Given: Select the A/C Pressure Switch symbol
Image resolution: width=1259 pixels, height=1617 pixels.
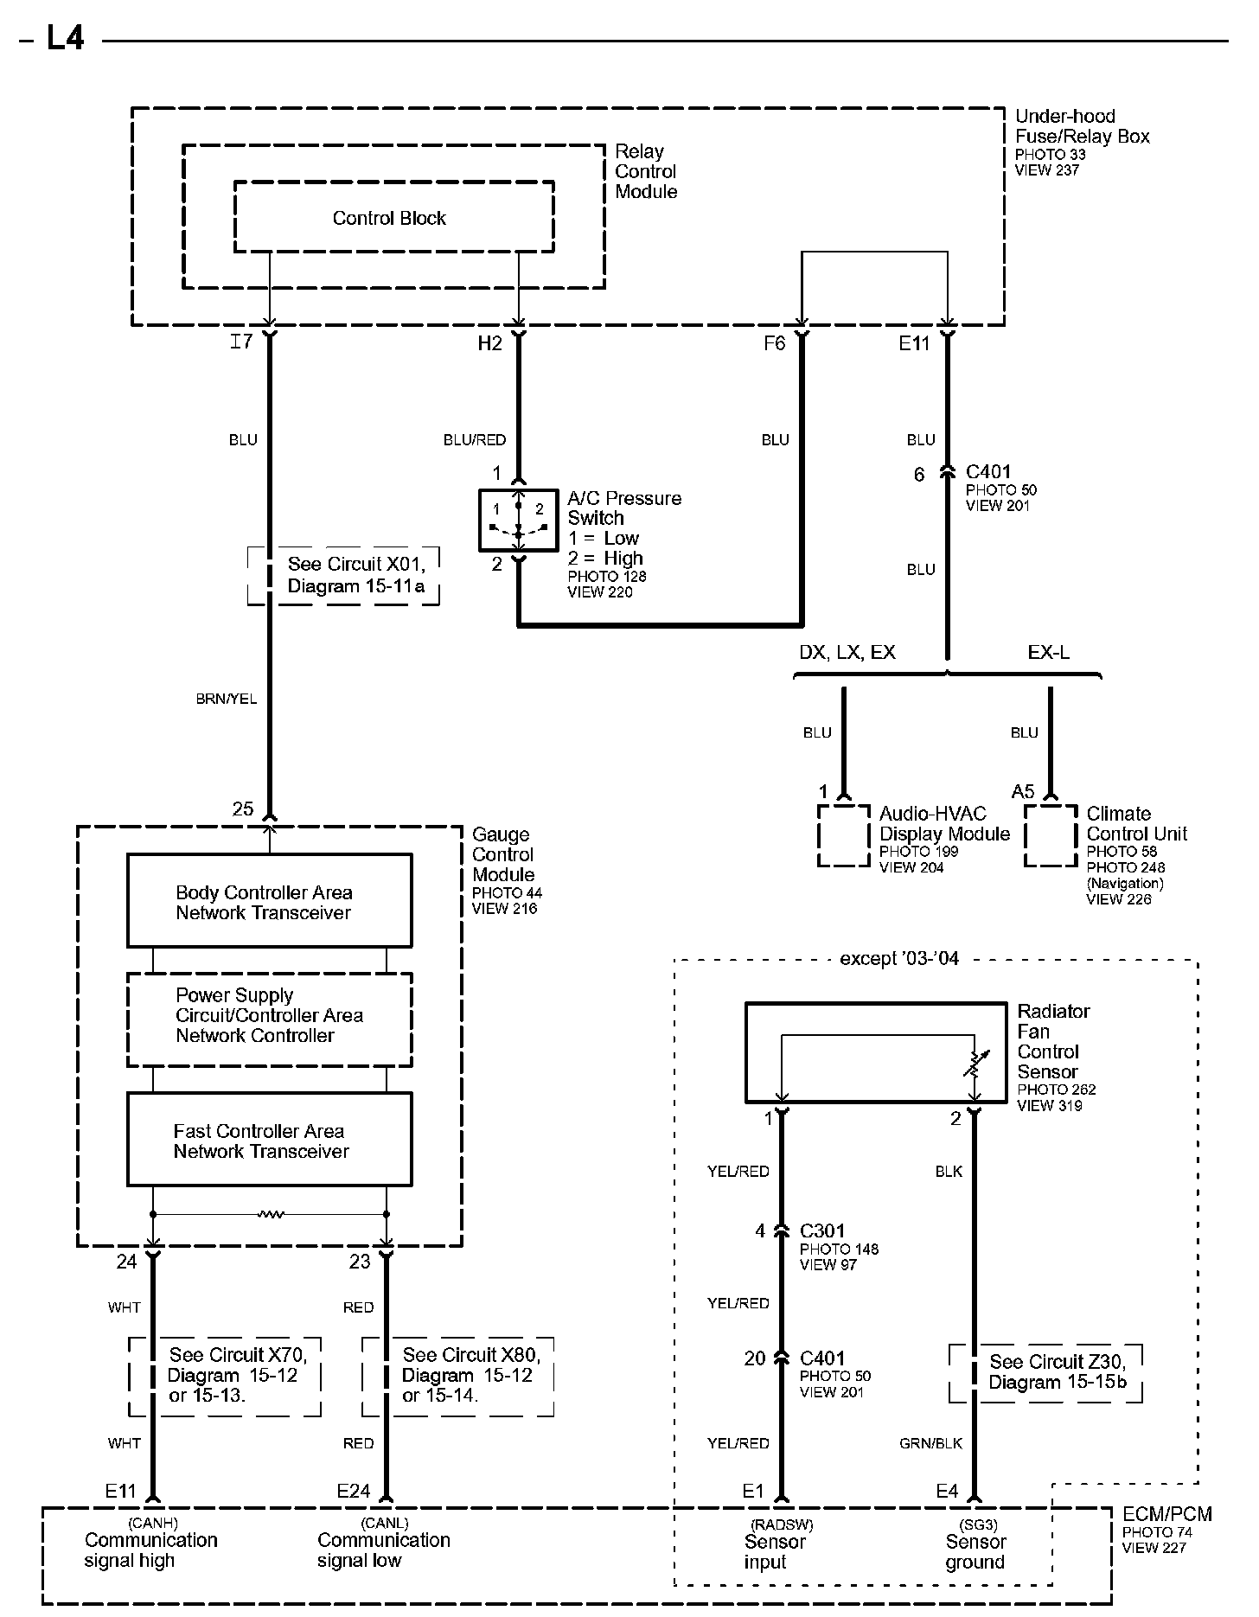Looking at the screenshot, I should [518, 520].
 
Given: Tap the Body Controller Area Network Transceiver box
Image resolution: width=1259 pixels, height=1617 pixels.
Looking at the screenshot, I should [269, 901].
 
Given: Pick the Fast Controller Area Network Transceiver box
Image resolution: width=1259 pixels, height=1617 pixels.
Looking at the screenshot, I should [269, 1140].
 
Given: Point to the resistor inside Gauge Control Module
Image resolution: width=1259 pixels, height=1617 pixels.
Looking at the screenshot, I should [271, 1215].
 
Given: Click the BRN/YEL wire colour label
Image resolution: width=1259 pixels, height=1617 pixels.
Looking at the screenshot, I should [227, 699].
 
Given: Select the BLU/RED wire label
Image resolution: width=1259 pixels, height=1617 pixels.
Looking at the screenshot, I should [475, 440].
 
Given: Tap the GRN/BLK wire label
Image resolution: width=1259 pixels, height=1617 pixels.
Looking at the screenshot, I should [931, 1443].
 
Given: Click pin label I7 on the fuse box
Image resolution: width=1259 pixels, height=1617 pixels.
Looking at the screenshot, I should [241, 342].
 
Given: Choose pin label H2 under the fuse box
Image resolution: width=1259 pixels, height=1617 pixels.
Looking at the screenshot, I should [489, 343].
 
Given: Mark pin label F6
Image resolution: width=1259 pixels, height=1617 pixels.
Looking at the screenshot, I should [774, 343].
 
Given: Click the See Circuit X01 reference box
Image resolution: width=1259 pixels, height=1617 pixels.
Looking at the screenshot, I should [343, 575].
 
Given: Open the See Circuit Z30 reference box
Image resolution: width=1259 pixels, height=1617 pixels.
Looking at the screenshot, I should [1046, 1371].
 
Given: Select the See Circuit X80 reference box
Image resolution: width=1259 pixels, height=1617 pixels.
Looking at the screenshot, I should [458, 1376].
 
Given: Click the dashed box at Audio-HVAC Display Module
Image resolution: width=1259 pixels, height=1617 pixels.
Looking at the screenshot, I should [844, 835].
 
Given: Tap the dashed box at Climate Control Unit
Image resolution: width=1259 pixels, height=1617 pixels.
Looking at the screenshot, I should [1050, 835].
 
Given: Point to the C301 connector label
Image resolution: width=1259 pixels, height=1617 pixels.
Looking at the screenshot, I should [821, 1230].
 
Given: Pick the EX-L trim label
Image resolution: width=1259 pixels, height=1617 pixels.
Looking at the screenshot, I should [1048, 652].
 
